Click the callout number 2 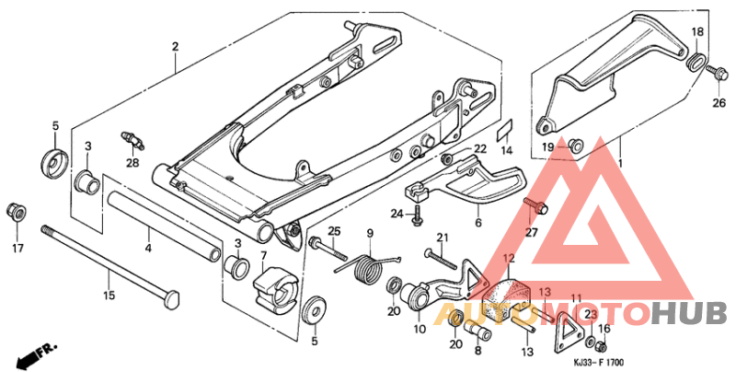[174, 46]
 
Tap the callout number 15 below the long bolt [109, 296]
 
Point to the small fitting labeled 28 [134, 140]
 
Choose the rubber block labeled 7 [273, 284]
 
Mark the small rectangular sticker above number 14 [505, 127]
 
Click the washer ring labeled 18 [696, 64]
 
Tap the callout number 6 [477, 223]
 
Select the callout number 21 [441, 238]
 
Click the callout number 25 [335, 229]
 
